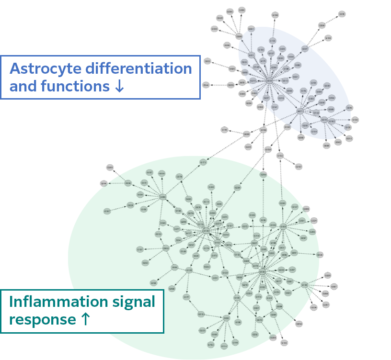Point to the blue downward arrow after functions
tap(120, 87)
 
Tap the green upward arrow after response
tap(85, 319)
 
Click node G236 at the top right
tap(342, 14)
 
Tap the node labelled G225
tap(328, 275)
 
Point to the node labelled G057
tap(326, 305)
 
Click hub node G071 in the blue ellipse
tap(300, 111)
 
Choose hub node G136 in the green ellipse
tap(262, 271)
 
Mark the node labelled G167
tap(299, 167)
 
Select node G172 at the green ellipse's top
tap(203, 162)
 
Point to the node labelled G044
tap(206, 85)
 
